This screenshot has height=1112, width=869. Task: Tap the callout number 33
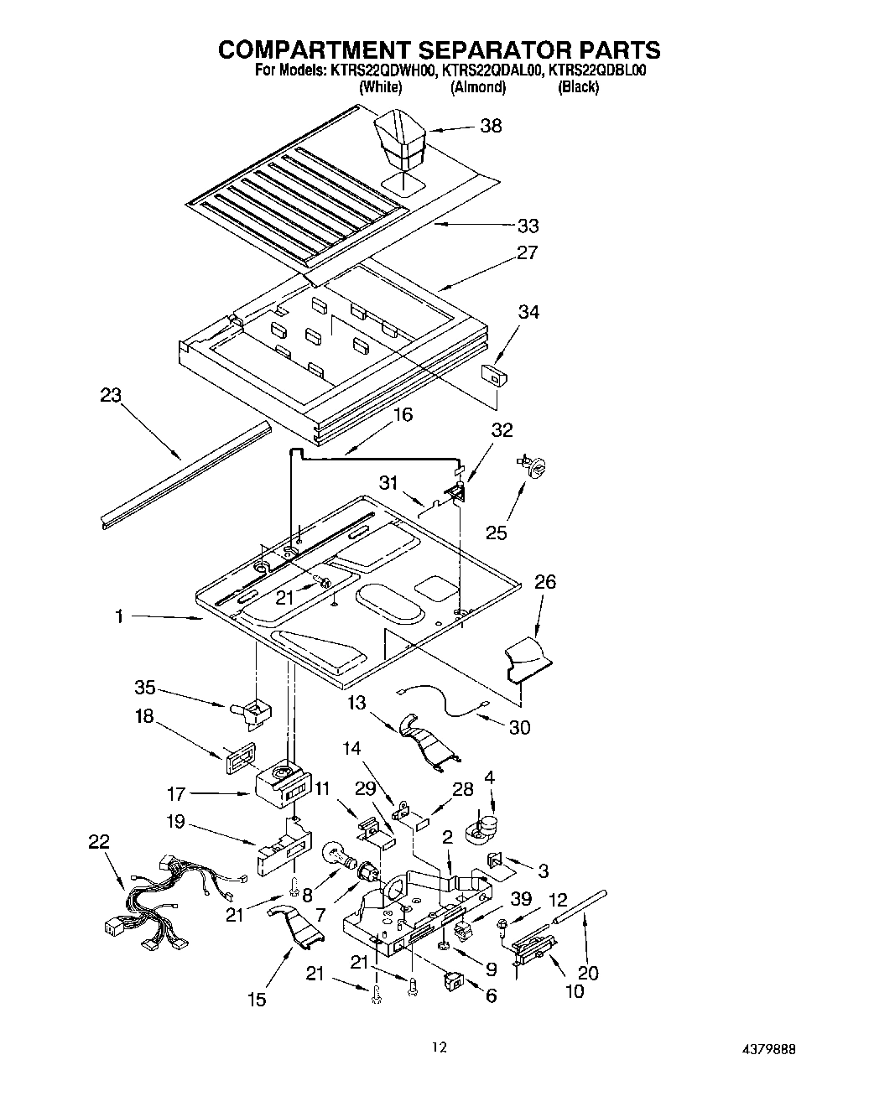pos(528,226)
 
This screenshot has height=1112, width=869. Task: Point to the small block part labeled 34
pos(493,374)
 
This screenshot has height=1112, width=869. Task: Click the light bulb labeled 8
pos(337,856)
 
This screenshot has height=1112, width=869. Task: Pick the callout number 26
pos(544,582)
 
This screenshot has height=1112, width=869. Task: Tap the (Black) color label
pos(578,87)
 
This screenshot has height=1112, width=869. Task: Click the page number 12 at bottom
pos(440,1047)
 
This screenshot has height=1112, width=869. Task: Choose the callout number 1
pos(120,616)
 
